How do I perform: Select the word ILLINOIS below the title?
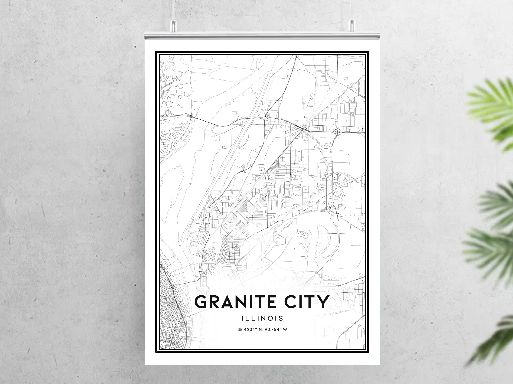[x=262, y=318]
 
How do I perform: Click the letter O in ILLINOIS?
[x=272, y=318]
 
